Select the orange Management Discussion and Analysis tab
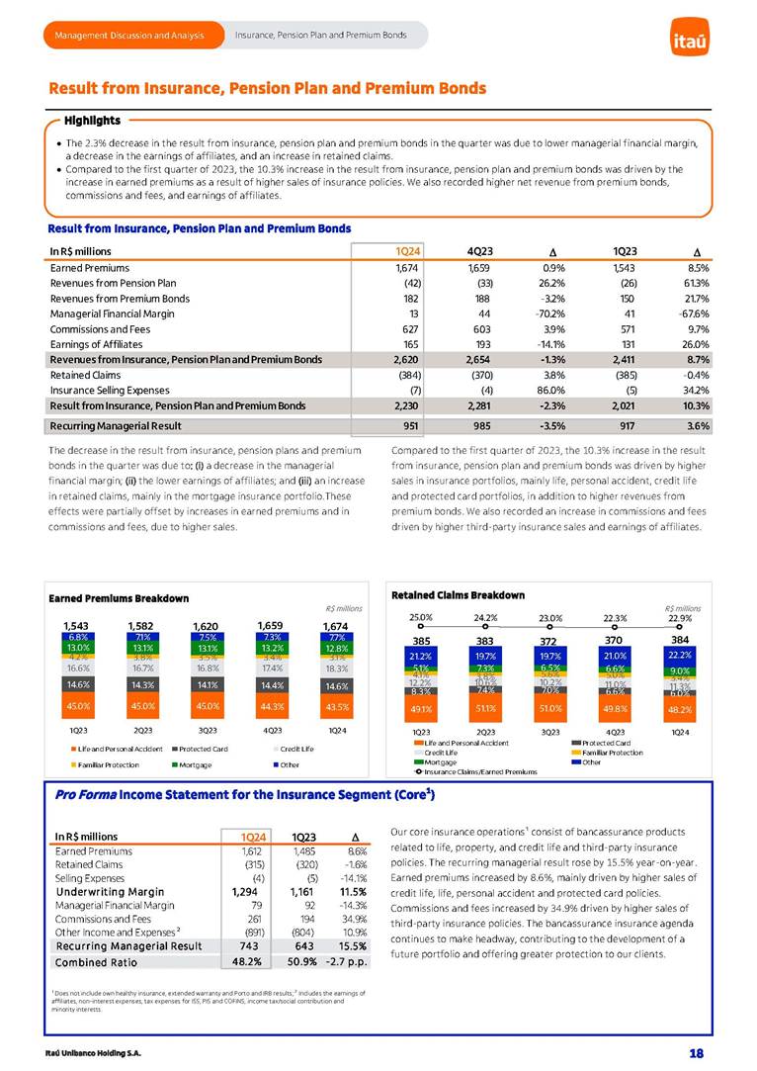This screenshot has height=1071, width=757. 129,36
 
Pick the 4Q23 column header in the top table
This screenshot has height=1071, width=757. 479,250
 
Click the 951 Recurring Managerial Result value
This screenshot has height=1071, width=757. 410,426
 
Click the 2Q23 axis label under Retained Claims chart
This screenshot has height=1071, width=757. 486,731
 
